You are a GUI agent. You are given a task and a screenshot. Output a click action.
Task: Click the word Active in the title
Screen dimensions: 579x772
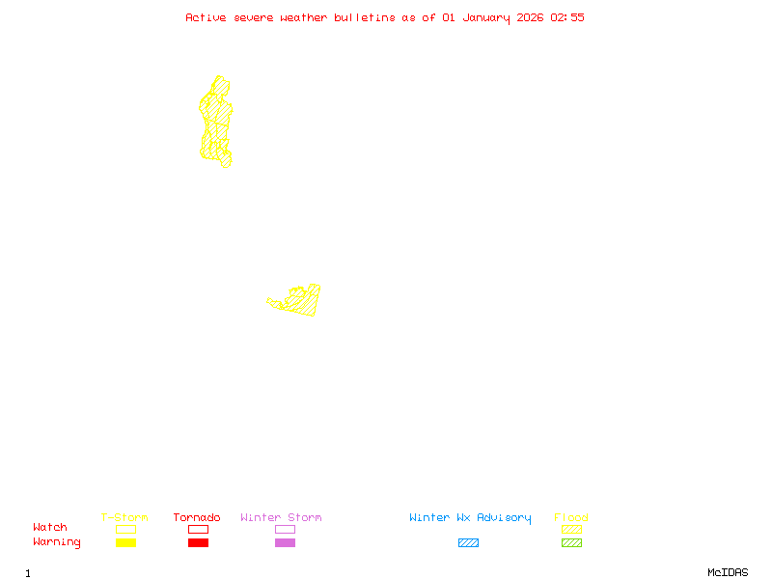point(207,17)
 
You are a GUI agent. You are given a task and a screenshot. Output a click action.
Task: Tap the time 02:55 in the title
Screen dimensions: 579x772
point(567,17)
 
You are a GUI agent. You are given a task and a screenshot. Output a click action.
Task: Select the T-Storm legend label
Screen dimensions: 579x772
point(124,518)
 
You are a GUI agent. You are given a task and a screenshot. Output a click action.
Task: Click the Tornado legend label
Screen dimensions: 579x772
point(197,518)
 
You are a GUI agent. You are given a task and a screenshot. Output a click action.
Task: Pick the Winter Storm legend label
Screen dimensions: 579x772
point(281,518)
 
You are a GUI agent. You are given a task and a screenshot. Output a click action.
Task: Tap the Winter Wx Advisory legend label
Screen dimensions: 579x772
point(470,518)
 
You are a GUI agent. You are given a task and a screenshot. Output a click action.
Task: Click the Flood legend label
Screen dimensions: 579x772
point(571,518)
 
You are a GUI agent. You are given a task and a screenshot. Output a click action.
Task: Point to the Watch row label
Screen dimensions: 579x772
point(50,528)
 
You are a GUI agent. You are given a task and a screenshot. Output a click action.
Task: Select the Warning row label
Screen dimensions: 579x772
point(57,542)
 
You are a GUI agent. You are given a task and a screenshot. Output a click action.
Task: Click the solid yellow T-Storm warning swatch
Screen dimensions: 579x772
point(125,543)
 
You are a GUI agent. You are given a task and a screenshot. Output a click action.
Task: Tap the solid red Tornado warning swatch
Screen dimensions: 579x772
point(198,543)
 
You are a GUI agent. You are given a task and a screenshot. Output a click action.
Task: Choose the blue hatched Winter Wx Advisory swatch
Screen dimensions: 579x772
point(468,543)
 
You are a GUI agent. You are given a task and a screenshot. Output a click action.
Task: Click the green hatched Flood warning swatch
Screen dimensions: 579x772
point(571,543)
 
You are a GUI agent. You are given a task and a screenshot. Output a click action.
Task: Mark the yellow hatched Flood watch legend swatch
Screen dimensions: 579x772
point(571,529)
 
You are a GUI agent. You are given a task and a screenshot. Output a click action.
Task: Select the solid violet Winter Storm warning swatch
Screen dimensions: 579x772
point(285,543)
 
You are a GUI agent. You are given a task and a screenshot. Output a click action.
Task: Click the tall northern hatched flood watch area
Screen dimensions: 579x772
point(216,121)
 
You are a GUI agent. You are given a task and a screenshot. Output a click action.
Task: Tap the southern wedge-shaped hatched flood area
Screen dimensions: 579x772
point(303,301)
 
